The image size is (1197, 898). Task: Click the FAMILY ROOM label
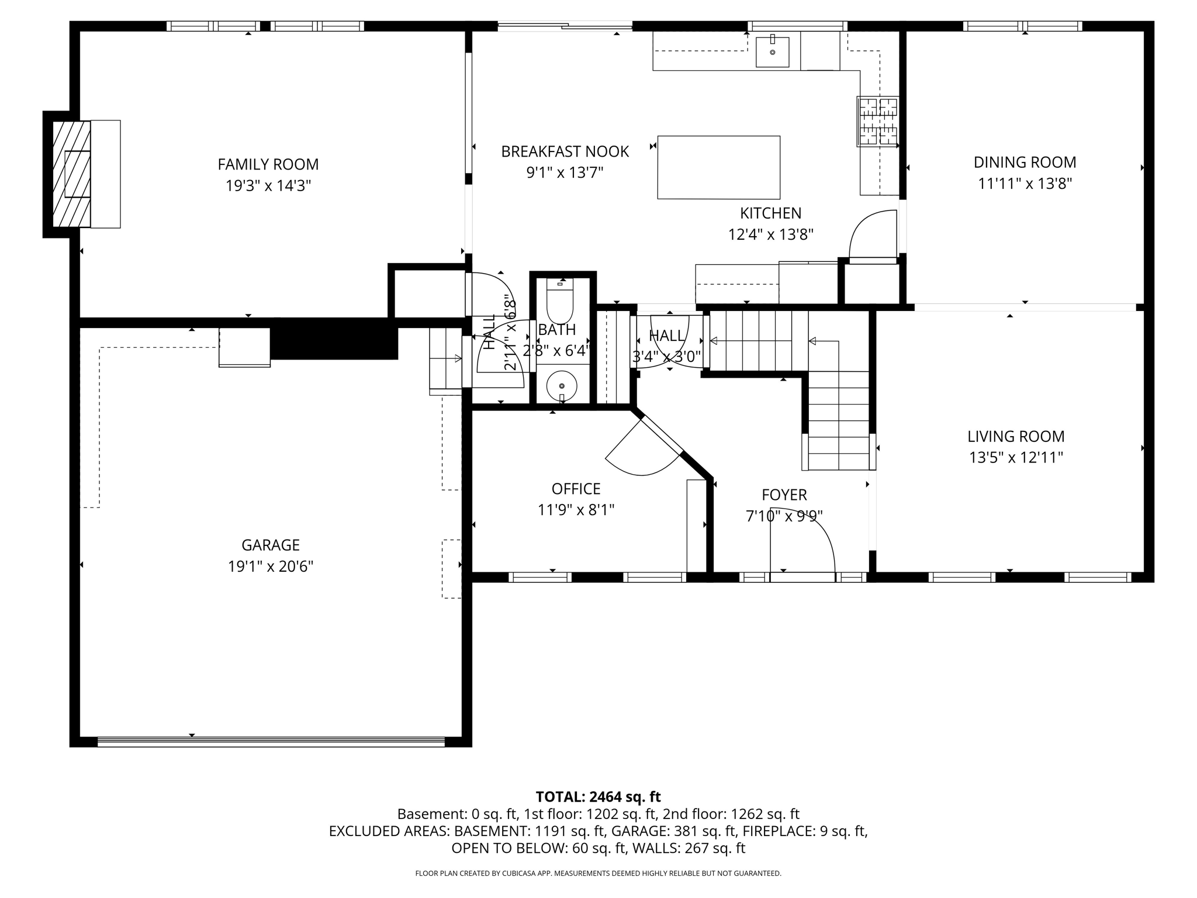pos(268,164)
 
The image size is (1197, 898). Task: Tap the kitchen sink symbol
pos(772,52)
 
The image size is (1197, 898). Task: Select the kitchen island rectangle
pos(718,167)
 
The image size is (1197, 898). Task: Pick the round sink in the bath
pos(562,386)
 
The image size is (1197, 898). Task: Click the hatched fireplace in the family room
pos(71,174)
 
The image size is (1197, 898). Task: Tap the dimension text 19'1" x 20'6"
pos(271,567)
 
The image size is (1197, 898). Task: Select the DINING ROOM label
pos(1025,162)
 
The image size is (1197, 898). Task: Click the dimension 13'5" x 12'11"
pos(1016,457)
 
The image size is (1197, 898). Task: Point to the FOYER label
pos(784,495)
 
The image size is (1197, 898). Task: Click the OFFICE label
pos(576,489)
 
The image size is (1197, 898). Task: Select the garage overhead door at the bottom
pos(271,741)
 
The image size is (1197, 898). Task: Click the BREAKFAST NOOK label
pos(565,151)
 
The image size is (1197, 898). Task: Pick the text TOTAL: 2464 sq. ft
pos(598,797)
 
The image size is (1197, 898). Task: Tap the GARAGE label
pos(271,545)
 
